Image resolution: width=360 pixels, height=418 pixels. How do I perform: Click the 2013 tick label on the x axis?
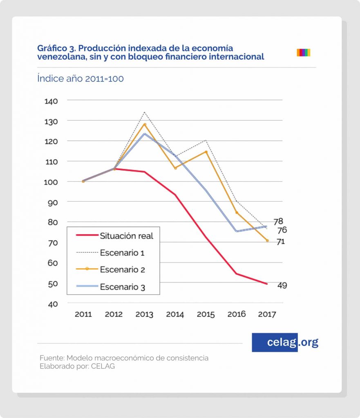tap(144, 314)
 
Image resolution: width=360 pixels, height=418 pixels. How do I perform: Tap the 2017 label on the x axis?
tap(267, 314)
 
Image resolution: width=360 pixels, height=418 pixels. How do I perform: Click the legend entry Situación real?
tap(126, 236)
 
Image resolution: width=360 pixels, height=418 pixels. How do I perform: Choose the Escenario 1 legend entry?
tap(122, 253)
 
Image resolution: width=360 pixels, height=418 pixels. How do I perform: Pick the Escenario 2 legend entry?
tap(122, 270)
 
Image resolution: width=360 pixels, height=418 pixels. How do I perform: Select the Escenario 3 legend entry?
tap(122, 287)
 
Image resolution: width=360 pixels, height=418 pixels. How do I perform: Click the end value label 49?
tap(282, 285)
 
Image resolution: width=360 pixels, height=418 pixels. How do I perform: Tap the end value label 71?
tap(280, 242)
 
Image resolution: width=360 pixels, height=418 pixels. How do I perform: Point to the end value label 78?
tap(278, 222)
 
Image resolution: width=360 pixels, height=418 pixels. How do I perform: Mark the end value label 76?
tap(282, 230)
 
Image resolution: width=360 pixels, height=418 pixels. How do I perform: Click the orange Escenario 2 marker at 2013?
tap(144, 125)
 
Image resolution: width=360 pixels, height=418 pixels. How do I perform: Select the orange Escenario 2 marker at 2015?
tap(206, 152)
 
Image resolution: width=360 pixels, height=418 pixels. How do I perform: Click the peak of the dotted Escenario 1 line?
tap(144, 112)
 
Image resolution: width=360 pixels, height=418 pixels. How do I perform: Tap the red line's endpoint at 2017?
tap(267, 284)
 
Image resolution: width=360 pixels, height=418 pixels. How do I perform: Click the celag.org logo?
tap(285, 342)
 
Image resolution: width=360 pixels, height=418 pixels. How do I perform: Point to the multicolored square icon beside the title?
tap(303, 52)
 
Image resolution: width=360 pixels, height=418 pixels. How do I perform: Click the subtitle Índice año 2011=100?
tap(80, 78)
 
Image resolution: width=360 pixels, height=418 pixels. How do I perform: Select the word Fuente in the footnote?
tap(51, 358)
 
